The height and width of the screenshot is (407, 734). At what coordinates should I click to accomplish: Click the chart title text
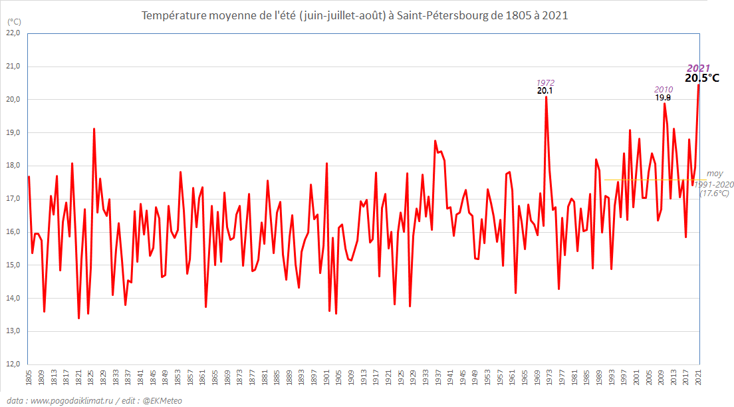coord(355,15)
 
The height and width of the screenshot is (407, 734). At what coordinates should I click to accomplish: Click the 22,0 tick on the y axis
coord(14,33)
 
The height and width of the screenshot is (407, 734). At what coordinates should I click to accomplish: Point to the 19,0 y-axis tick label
coord(14,132)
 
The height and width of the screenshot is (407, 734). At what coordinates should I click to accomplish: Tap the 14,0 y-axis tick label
coord(14,298)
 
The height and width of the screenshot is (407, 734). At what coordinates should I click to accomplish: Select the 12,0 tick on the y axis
coord(14,364)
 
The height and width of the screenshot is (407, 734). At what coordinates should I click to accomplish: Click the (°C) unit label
coord(14,21)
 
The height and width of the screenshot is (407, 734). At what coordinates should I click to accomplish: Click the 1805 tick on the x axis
coord(29,377)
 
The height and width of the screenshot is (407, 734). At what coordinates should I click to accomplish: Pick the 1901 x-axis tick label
coord(326,377)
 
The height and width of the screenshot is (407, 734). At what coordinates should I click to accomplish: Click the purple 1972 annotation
coord(545,82)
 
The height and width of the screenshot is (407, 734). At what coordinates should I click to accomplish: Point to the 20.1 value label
coord(545,90)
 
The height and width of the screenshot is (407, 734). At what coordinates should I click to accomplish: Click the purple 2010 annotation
coord(664,89)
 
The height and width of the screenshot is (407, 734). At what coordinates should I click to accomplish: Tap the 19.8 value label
coord(663,97)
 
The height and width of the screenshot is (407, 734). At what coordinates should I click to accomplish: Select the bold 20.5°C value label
coord(702,78)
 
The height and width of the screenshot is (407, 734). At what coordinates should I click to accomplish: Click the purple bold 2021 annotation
coord(698,68)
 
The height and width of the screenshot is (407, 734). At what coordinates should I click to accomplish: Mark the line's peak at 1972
coord(547,97)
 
